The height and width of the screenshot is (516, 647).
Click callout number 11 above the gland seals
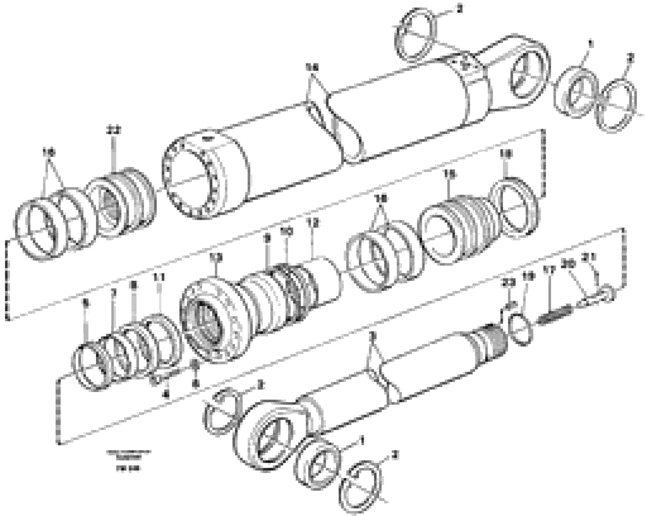159,278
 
